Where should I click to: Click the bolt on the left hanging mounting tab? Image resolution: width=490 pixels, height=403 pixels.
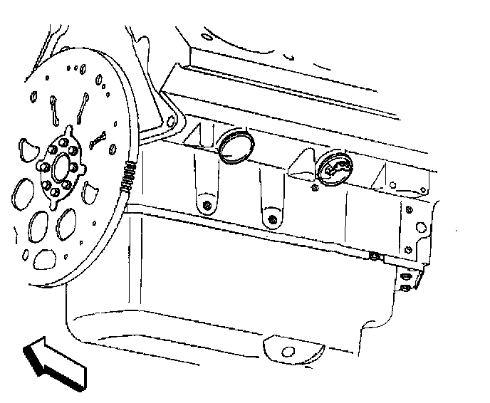pos(206,206)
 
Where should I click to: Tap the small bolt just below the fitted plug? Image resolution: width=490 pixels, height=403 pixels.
pos(313,188)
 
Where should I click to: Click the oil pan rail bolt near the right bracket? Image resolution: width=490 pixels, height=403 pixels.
pos(373,255)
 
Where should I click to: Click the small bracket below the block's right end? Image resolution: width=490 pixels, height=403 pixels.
pos(410,279)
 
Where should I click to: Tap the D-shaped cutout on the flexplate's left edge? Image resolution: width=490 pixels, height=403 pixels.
pos(26,148)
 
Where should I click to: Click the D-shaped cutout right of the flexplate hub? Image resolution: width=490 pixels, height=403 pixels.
pos(90,192)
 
